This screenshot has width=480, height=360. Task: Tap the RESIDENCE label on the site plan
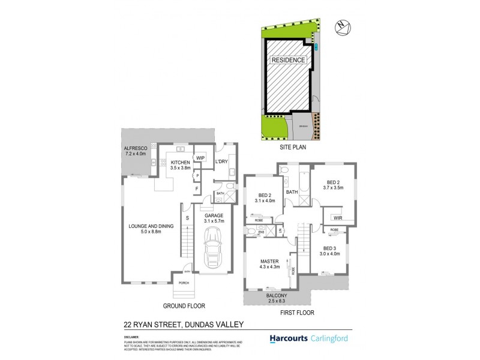click(x=289, y=61)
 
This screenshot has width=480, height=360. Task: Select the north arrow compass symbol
click(x=343, y=26)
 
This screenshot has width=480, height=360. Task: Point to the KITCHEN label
click(x=181, y=163)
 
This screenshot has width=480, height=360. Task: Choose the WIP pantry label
click(x=200, y=158)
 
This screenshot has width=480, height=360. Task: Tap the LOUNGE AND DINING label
click(x=151, y=226)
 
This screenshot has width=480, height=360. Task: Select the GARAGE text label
click(x=214, y=215)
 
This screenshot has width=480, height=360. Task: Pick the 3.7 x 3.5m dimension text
click(x=334, y=188)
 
